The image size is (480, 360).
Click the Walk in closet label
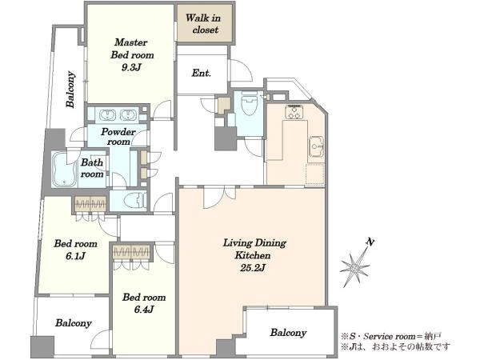pos(202,23)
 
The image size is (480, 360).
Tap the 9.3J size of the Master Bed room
pos(131,67)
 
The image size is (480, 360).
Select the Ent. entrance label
pos(201,73)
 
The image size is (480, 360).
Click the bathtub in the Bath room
pos(64,170)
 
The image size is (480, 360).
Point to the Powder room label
pos(118,137)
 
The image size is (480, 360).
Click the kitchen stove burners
pos(294,112)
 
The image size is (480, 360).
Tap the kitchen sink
pos(316,146)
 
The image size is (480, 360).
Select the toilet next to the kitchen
pos(249,103)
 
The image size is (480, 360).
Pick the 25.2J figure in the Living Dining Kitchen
pos(252,268)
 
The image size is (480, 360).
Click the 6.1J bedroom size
pos(75,256)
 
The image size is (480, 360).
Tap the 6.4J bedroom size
pos(144,310)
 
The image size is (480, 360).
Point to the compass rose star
pos(355,266)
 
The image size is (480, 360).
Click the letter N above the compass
pos(370,242)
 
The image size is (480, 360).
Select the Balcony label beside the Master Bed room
pos(70,90)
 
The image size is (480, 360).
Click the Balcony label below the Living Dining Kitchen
pos(288,333)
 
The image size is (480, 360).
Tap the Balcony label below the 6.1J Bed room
pos(74,323)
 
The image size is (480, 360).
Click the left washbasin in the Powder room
pos(107,115)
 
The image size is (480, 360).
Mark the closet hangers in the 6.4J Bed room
pos(131,252)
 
